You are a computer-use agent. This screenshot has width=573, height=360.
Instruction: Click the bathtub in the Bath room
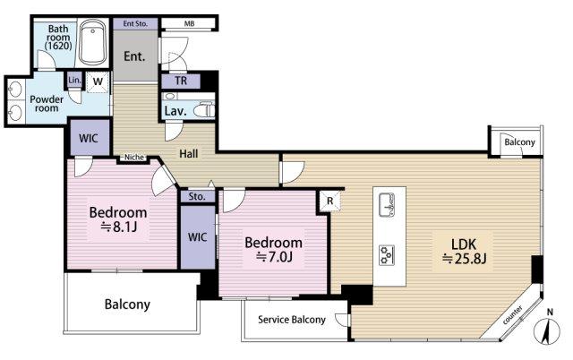pos(93,43)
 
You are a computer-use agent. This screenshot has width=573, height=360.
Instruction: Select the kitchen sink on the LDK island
pos(387,205)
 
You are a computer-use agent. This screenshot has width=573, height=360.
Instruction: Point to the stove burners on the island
pos(386,254)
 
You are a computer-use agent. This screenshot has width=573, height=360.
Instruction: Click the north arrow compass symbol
pos(547,328)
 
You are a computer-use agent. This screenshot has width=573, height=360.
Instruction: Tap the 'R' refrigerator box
pos(330,201)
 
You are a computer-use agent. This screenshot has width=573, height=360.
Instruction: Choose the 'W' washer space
pos(98,81)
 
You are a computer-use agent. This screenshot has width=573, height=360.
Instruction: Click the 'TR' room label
pos(181,81)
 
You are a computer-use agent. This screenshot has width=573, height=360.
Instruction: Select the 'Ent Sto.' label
pos(135,24)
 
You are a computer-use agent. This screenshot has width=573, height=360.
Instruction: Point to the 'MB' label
pos(189,24)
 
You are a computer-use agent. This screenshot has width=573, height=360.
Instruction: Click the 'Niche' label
pos(134,158)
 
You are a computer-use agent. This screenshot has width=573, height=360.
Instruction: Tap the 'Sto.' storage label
pos(197,197)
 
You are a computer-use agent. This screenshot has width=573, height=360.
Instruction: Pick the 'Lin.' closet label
pos(74,80)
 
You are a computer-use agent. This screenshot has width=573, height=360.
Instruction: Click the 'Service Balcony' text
pos(292,320)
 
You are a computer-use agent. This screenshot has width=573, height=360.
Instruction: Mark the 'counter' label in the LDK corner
pos(512,315)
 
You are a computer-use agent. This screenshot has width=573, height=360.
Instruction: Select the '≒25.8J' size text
pos(464,259)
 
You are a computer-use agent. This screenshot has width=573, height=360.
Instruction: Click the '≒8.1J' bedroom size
pos(118,227)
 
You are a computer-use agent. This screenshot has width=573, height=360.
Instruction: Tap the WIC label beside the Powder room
pos(89,138)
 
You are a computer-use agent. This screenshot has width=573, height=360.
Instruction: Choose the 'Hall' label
pos(189,153)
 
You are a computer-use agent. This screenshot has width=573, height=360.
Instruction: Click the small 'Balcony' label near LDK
pos(519,142)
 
